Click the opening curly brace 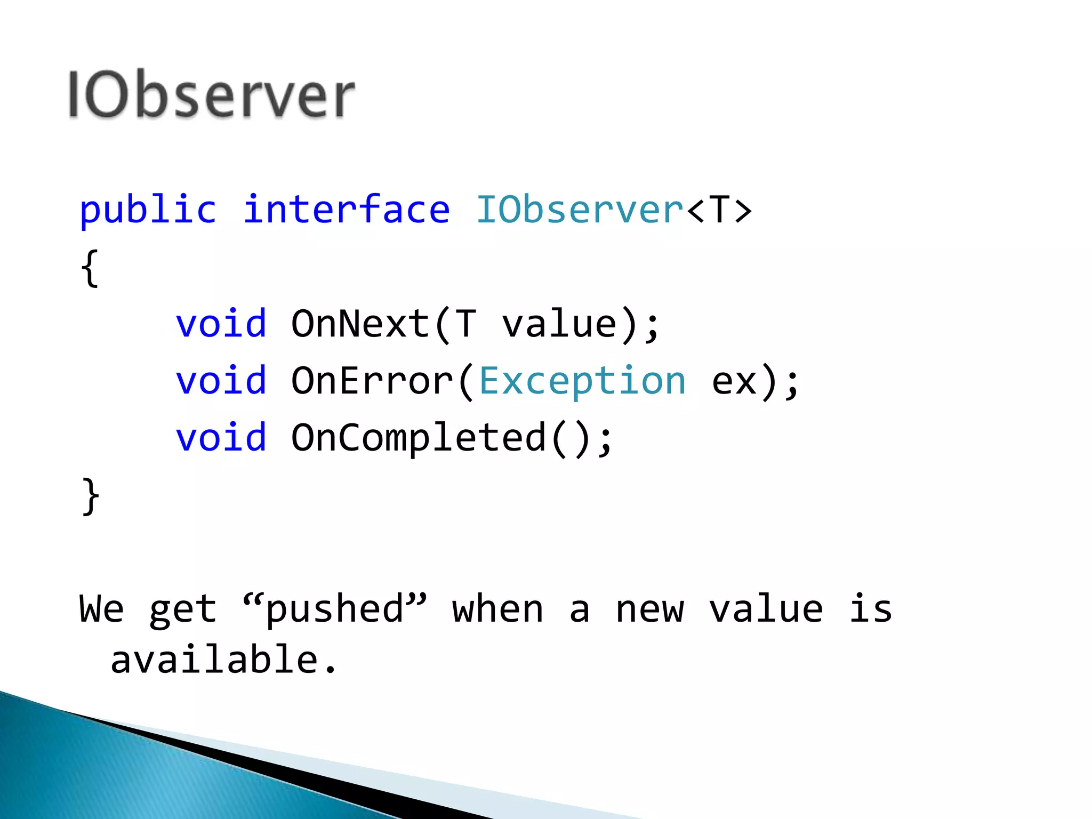pyautogui.click(x=90, y=268)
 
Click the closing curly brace pyautogui.click(x=90, y=496)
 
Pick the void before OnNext pyautogui.click(x=221, y=324)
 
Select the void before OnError pyautogui.click(x=221, y=381)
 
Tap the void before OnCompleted pyautogui.click(x=221, y=438)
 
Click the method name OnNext pyautogui.click(x=360, y=324)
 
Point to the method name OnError pyautogui.click(x=372, y=381)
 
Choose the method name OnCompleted pyautogui.click(x=419, y=438)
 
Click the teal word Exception pyautogui.click(x=582, y=381)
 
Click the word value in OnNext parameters pyautogui.click(x=559, y=324)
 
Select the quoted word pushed pyautogui.click(x=335, y=608)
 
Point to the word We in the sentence pyautogui.click(x=102, y=608)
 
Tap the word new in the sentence pyautogui.click(x=649, y=609)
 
